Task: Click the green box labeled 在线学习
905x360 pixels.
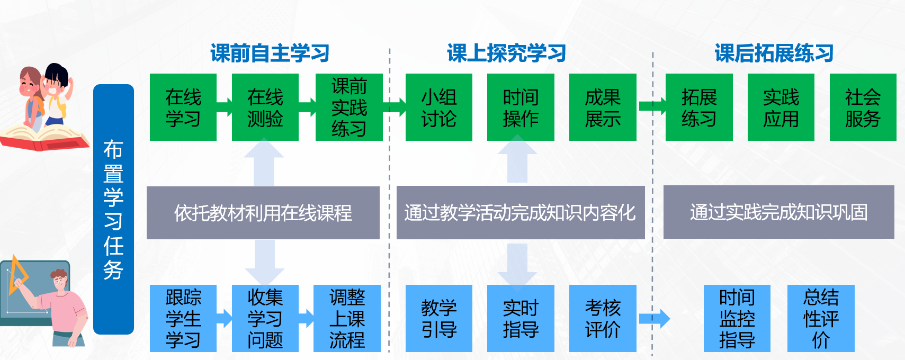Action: [x=183, y=107]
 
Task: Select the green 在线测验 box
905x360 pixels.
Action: [x=265, y=107]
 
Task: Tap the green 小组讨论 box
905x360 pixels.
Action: [x=438, y=107]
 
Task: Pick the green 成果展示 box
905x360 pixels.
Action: [x=602, y=107]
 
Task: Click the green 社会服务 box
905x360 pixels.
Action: [x=863, y=107]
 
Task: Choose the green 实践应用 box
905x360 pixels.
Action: [x=781, y=107]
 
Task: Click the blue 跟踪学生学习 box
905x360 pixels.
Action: [x=183, y=319]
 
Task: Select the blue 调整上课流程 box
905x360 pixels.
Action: [x=347, y=319]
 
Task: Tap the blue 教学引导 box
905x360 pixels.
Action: [x=438, y=319]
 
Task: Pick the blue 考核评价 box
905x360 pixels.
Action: [x=602, y=319]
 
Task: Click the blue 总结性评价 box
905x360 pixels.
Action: [x=820, y=319]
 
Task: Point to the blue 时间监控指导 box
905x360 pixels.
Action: [x=737, y=319]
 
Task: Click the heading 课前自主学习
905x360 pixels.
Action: [x=270, y=53]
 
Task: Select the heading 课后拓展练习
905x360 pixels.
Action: [x=774, y=53]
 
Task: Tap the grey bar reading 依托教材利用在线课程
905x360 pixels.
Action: [x=263, y=213]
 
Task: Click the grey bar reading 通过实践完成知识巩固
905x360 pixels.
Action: [x=778, y=212]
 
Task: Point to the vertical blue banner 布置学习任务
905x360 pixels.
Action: [x=113, y=209]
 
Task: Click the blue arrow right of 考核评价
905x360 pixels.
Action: [x=655, y=319]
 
